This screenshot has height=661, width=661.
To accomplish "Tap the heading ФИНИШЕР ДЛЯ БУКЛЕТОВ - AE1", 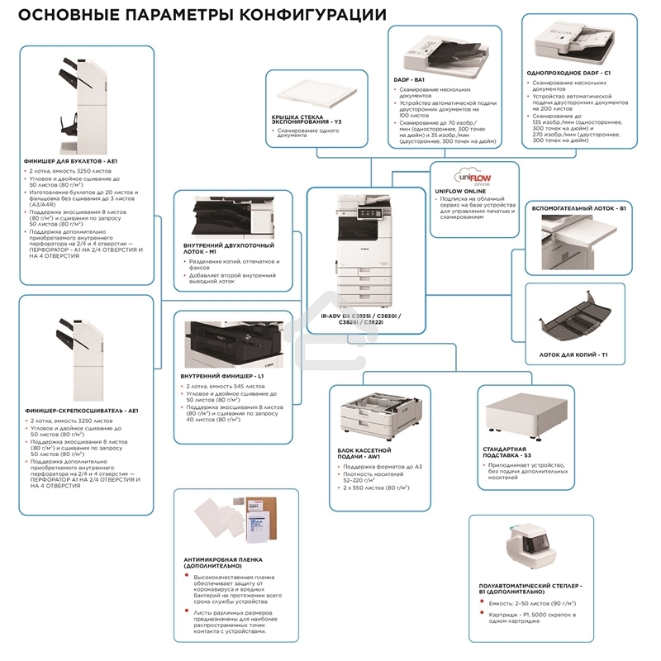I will (74, 160).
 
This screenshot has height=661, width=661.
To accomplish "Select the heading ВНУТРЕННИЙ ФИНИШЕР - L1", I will (221, 376).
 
